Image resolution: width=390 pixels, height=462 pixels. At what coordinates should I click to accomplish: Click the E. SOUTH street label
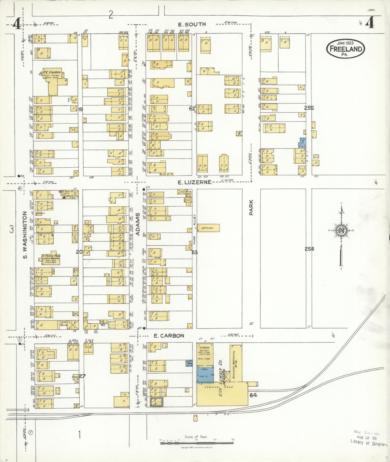192,25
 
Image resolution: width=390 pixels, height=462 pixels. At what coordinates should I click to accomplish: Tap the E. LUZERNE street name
194,182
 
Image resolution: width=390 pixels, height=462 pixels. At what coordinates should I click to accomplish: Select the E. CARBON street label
169,336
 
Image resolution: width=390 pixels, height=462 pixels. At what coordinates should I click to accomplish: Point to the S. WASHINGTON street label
25,235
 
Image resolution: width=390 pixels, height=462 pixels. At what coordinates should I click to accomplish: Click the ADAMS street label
138,224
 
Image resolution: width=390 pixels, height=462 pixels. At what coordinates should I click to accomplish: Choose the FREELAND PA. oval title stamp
345,49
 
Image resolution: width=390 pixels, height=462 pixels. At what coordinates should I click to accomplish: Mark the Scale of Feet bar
197,443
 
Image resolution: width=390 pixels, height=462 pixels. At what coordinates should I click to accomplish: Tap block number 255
309,108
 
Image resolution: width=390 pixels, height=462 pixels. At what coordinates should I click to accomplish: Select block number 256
309,249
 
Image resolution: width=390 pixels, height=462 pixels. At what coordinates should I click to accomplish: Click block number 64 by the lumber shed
253,395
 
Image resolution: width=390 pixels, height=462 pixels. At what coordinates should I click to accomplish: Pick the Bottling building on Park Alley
208,228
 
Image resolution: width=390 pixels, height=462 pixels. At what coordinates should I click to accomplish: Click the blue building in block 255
303,142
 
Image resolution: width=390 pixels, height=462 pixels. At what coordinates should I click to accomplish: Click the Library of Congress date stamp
368,438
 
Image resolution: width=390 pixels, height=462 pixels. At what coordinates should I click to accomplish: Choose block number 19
80,109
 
